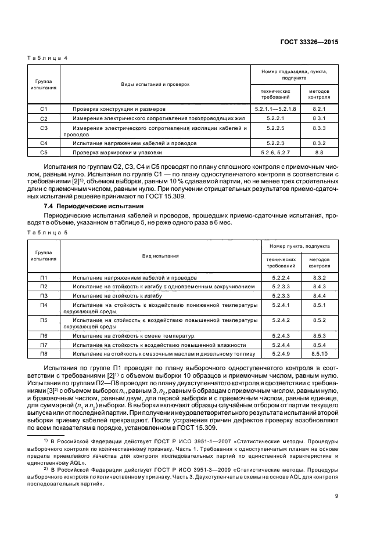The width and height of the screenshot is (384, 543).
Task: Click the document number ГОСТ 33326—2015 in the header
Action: (x=310, y=42)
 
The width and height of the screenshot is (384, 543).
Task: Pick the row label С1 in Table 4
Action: (x=43, y=108)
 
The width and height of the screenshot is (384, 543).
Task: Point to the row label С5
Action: (x=43, y=152)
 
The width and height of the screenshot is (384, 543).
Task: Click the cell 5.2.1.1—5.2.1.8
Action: (x=275, y=108)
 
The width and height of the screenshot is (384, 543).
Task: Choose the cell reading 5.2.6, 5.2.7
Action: (x=275, y=152)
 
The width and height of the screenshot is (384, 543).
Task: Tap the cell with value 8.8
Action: (x=318, y=152)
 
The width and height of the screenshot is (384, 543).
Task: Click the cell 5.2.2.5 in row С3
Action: (x=275, y=127)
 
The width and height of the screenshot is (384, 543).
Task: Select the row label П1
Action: (x=43, y=278)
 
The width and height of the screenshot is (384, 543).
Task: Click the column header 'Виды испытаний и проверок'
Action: (x=155, y=84)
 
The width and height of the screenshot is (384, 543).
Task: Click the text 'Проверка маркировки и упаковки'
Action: (x=112, y=152)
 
